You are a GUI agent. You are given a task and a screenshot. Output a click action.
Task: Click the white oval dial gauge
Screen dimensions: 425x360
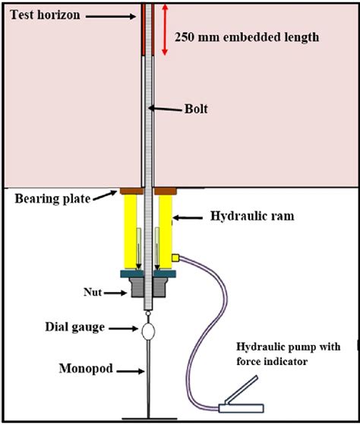point(147,331)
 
